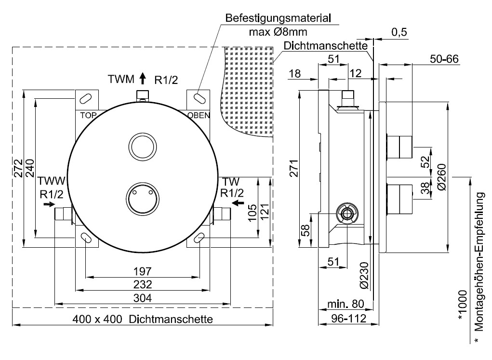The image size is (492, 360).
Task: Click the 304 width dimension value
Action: coord(143,298)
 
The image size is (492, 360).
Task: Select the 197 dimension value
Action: coord(143,270)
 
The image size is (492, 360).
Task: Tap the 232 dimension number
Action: coord(143,284)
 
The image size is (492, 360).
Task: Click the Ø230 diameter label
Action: coord(364,275)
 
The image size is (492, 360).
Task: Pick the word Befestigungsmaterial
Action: coord(279,19)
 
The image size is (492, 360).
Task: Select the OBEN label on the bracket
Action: coord(198,115)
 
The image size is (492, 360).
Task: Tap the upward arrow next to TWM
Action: coord(142,77)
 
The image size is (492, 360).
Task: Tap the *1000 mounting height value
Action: coord(463,305)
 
